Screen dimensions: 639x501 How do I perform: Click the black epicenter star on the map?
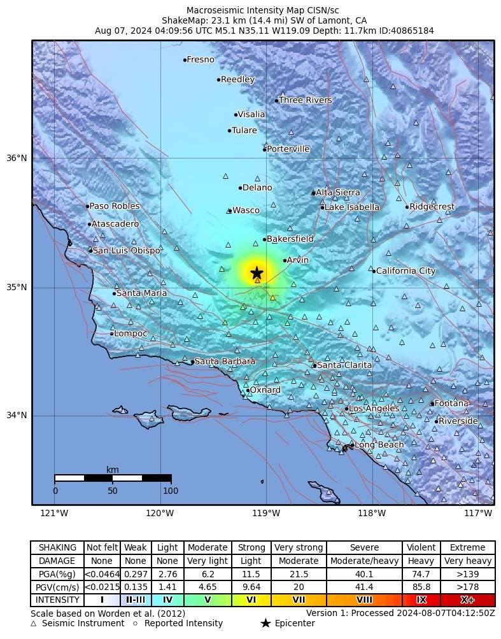pyautogui.click(x=257, y=273)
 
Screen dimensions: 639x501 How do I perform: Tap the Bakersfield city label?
pyautogui.click(x=290, y=239)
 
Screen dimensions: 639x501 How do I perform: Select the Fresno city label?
pyautogui.click(x=201, y=60)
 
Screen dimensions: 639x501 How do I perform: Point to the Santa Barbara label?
pyautogui.click(x=225, y=362)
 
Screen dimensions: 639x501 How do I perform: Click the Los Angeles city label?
pyautogui.click(x=374, y=409)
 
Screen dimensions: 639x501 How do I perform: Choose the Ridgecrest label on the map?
pyautogui.click(x=432, y=207)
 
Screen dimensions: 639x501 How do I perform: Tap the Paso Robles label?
pyautogui.click(x=115, y=206)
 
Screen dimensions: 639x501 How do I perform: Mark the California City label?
pyautogui.click(x=406, y=271)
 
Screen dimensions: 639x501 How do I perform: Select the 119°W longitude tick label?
pyautogui.click(x=266, y=514)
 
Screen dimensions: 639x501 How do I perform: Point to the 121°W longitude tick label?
pyautogui.click(x=54, y=514)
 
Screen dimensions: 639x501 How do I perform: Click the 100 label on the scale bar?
pyautogui.click(x=171, y=491)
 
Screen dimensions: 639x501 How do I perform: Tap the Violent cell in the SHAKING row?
pyautogui.click(x=421, y=547)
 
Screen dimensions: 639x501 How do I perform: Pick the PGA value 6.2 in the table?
pyautogui.click(x=208, y=574)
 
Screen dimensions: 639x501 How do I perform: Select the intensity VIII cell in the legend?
pyautogui.click(x=364, y=600)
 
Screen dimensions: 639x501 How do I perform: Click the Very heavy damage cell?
pyautogui.click(x=467, y=561)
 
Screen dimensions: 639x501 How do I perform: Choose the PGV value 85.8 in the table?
pyautogui.click(x=421, y=587)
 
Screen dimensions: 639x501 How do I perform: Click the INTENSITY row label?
pyautogui.click(x=58, y=600)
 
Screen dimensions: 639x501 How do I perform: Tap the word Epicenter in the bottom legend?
pyautogui.click(x=295, y=623)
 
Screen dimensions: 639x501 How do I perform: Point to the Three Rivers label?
pyautogui.click(x=306, y=101)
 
